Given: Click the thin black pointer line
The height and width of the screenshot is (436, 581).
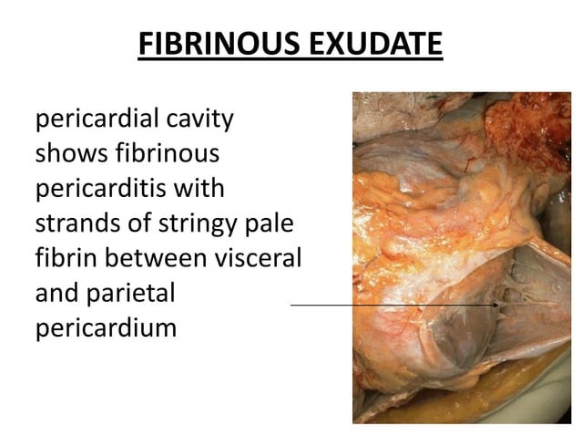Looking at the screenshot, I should click(x=392, y=305).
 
